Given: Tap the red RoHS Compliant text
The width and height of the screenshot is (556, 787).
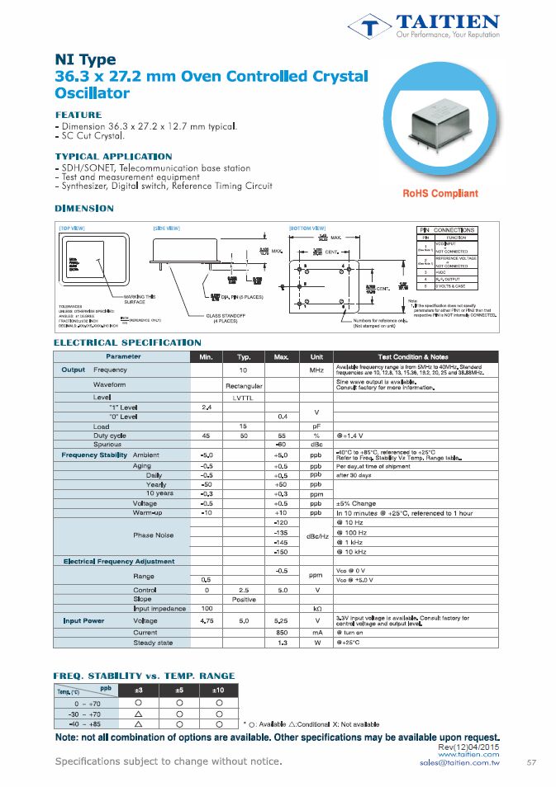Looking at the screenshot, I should click(440, 194).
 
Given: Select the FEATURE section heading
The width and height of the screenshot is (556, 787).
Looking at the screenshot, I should click(78, 114).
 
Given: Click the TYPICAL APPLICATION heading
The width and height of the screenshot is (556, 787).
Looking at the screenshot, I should click(113, 157).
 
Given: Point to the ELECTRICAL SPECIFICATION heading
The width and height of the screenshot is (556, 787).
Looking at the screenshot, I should click(127, 342).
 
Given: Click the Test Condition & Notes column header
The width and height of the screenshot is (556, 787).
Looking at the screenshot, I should click(416, 356).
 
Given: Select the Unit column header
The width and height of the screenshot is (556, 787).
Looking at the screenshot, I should click(316, 356).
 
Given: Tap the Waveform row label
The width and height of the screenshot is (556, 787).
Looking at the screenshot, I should click(109, 384).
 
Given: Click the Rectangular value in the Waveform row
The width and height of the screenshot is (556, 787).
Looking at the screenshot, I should click(244, 385).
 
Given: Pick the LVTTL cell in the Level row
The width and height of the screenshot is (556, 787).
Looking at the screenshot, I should click(244, 398).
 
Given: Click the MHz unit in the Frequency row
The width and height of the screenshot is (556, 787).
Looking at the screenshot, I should click(316, 370).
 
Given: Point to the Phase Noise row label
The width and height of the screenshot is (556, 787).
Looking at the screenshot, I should click(154, 535).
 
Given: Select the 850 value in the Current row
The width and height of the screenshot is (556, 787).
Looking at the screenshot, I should click(282, 633).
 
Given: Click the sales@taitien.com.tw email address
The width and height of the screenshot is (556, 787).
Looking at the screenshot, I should click(459, 763).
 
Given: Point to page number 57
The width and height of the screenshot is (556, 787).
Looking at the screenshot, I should click(531, 762).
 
